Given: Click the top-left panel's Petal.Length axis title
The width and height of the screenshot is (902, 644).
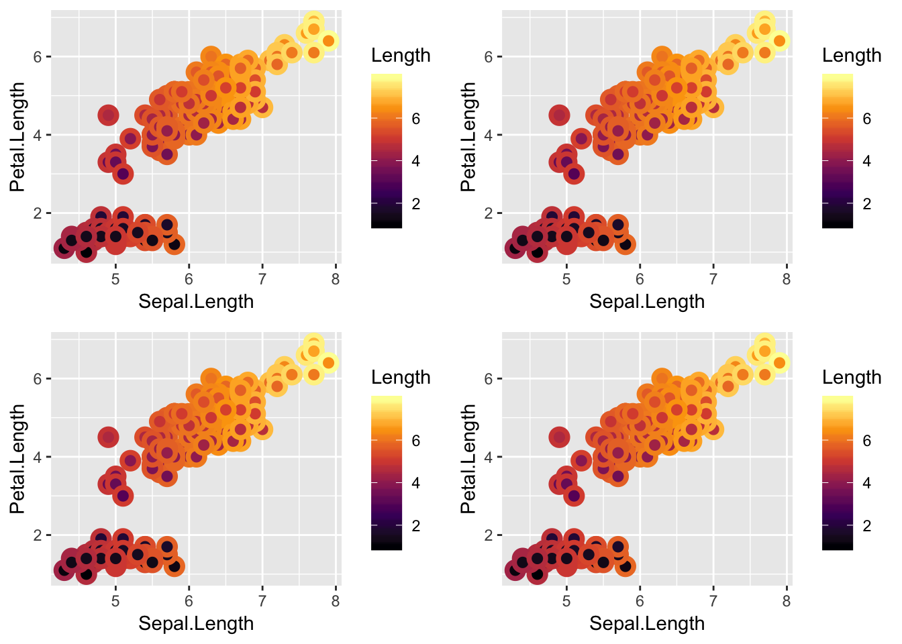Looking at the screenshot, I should click(x=17, y=137).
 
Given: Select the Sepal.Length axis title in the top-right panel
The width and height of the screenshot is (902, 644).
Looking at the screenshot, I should click(x=647, y=302).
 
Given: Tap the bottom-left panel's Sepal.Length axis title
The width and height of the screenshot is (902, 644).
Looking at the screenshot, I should click(x=196, y=624).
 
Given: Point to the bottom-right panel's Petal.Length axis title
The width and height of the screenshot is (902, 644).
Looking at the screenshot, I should click(x=468, y=459).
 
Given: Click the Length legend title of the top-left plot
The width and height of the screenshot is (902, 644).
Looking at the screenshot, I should click(x=401, y=56).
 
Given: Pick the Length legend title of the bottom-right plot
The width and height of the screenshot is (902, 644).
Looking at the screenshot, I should click(x=852, y=378).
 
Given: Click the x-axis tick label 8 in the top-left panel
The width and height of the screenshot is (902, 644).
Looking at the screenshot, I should click(x=336, y=278).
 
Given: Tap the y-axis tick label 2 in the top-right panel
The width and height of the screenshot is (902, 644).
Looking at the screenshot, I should click(x=489, y=213).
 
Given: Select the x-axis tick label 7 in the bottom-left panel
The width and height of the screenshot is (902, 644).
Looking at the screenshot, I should click(x=262, y=600).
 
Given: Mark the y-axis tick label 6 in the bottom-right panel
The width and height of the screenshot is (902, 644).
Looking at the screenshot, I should click(x=489, y=379).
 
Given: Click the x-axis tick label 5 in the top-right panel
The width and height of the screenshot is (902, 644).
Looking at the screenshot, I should click(x=566, y=278).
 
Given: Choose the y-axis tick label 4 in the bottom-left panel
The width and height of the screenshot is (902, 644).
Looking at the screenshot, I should click(x=38, y=458).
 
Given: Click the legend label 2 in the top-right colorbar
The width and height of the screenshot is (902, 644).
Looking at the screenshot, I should click(x=867, y=204).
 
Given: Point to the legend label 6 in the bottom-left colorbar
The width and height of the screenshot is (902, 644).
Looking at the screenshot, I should click(x=416, y=441).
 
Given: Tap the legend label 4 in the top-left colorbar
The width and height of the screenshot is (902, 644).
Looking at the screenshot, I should click(x=416, y=162).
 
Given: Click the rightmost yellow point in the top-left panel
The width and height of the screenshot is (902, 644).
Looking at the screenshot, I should click(x=328, y=41).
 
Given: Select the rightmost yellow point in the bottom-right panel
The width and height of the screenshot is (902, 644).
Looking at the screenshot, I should click(x=779, y=363).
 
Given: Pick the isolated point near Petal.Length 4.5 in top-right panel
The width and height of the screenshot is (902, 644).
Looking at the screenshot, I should click(x=559, y=115).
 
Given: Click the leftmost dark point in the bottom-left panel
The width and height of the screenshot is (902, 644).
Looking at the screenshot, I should click(x=64, y=570).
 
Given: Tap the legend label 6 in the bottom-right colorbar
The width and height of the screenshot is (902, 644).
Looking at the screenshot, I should click(x=867, y=441).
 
